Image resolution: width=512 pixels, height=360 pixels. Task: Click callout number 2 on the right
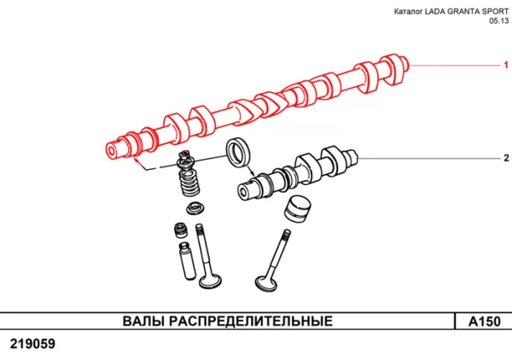[x=503, y=159]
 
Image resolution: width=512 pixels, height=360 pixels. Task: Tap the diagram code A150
[x=483, y=322]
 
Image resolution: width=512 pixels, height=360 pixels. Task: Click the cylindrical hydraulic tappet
[x=296, y=209]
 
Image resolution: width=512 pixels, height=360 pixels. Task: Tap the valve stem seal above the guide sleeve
[x=180, y=229]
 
